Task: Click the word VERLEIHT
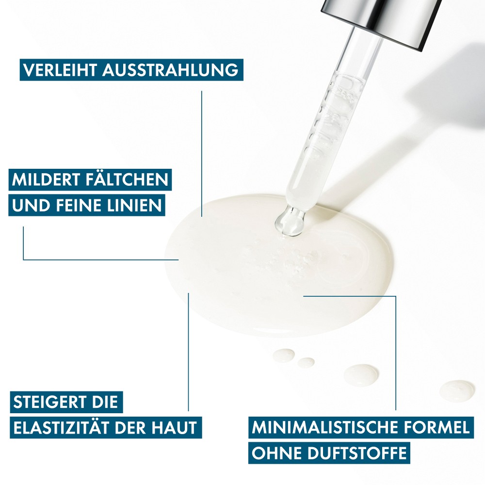coord(60,70)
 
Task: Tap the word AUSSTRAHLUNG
coord(170,70)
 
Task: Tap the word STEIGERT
coord(50,402)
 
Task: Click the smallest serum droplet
coord(306,362)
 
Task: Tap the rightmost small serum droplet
coord(457,390)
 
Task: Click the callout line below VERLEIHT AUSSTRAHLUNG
coord(202,154)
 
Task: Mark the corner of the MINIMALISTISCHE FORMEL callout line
coord(396,296)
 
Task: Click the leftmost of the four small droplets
coord(284,356)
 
